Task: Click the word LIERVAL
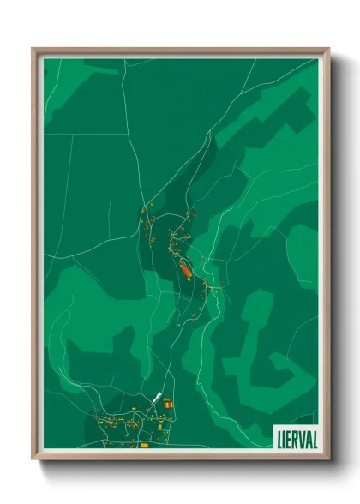tap(297, 437)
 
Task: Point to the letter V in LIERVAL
tap(303, 437)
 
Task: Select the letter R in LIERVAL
tap(296, 437)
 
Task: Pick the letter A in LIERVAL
tap(309, 437)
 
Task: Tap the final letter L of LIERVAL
tap(315, 437)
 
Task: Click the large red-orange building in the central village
tap(185, 272)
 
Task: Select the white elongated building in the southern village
tap(158, 398)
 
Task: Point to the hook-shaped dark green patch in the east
tap(257, 334)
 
